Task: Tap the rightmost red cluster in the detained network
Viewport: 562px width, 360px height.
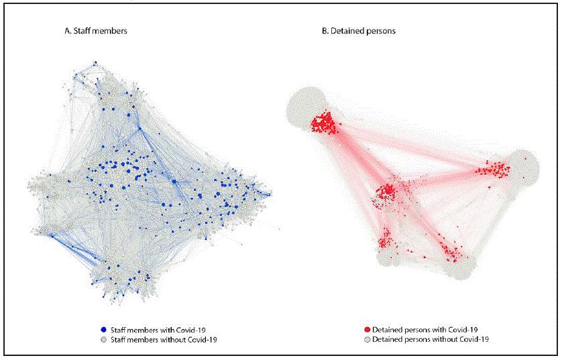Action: (x=495, y=170)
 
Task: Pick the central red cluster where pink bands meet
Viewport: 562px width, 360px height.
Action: (x=386, y=193)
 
